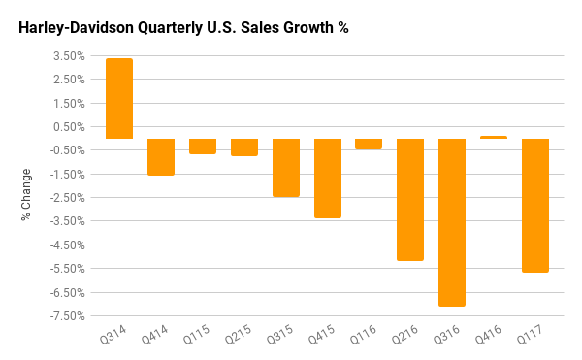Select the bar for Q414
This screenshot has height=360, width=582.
pyautogui.click(x=161, y=157)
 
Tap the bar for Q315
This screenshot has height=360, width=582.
pyautogui.click(x=286, y=168)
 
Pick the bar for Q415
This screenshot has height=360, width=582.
pyautogui.click(x=328, y=179)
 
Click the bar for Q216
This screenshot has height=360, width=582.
pyautogui.click(x=410, y=200)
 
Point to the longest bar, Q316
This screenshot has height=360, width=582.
pyautogui.click(x=452, y=222)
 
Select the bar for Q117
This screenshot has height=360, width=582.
pyautogui.click(x=535, y=206)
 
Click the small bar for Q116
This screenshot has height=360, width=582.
pyautogui.click(x=369, y=144)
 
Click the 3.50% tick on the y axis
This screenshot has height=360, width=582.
pyautogui.click(x=70, y=55)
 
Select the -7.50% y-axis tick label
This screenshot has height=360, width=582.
pyautogui.click(x=68, y=316)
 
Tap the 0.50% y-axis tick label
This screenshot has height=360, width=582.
pyautogui.click(x=70, y=126)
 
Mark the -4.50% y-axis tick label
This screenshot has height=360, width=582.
pyautogui.click(x=68, y=245)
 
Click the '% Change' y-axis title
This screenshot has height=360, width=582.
pyautogui.click(x=26, y=194)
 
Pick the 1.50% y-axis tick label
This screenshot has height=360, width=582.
pyautogui.click(x=70, y=103)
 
